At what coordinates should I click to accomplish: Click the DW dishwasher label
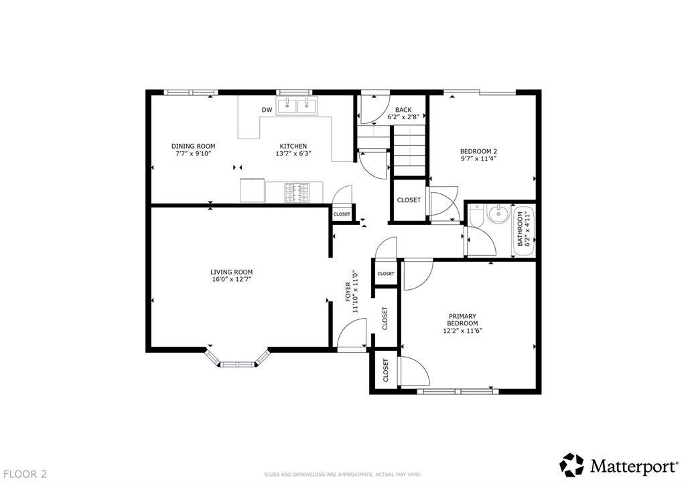(x=267, y=110)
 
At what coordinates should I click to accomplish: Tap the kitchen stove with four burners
(x=297, y=193)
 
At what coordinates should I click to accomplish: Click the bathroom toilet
(x=476, y=216)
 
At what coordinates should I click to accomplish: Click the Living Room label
(x=231, y=272)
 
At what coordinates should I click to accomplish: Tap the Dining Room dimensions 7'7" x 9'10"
(x=194, y=153)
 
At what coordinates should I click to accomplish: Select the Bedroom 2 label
(x=478, y=151)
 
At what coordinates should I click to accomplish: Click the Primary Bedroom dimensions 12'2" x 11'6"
(x=462, y=331)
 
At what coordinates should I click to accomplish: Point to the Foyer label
(x=348, y=292)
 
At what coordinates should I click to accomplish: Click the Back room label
(x=403, y=110)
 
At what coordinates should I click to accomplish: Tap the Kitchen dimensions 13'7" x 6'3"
(x=293, y=153)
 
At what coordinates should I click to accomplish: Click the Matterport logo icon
(x=572, y=465)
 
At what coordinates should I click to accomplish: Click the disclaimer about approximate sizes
(x=342, y=474)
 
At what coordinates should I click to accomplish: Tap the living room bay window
(x=237, y=357)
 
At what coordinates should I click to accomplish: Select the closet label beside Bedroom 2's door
(x=409, y=199)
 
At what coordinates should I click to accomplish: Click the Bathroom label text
(x=520, y=228)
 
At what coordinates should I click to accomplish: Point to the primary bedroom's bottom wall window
(x=458, y=392)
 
